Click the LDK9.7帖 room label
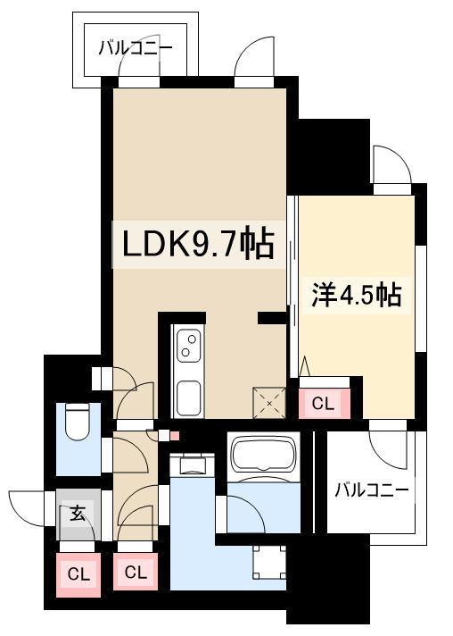192,242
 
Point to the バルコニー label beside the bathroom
372,490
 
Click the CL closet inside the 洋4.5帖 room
323,404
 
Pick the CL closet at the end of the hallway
136,573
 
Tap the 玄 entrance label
78,514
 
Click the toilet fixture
77,425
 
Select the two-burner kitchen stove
188,345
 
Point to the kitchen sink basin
188,395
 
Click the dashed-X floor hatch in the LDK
268,401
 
